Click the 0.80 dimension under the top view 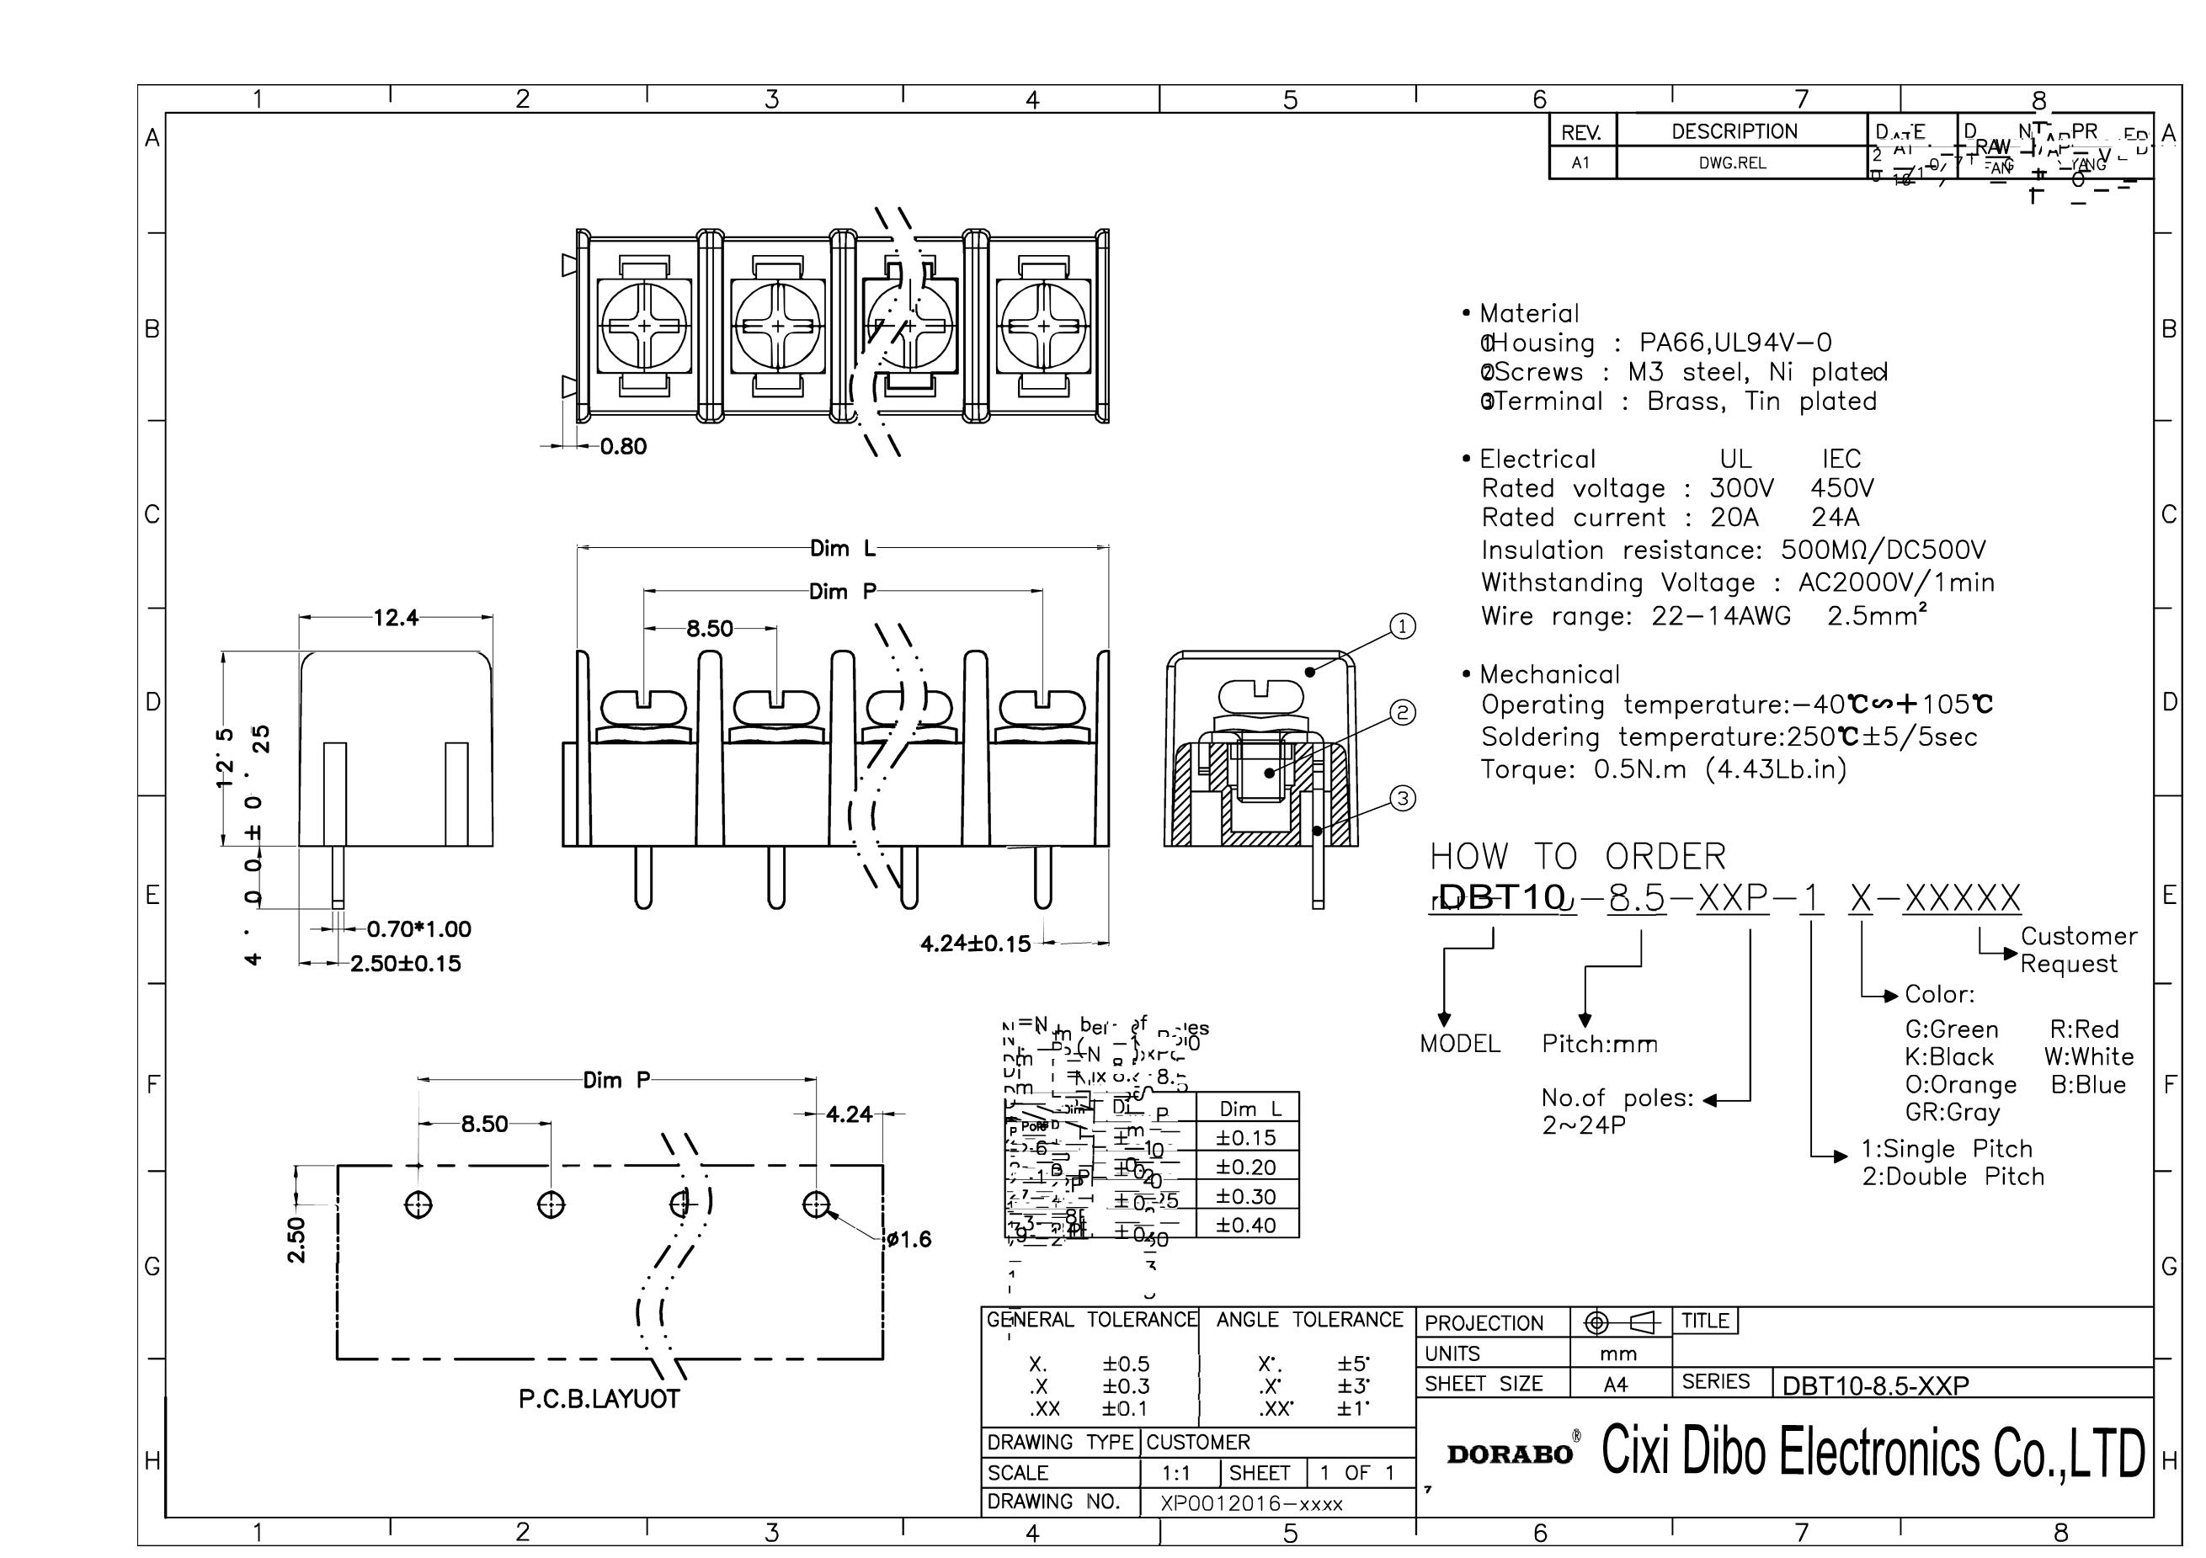pyautogui.click(x=624, y=447)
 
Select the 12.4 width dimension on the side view pyautogui.click(x=396, y=618)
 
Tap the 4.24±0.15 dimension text pyautogui.click(x=975, y=944)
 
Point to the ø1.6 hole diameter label pyautogui.click(x=909, y=1239)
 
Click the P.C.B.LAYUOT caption pyautogui.click(x=599, y=1399)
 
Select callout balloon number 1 pyautogui.click(x=1403, y=627)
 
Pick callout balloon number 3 pyautogui.click(x=1403, y=798)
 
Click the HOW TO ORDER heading pyautogui.click(x=1577, y=856)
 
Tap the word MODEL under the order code pyautogui.click(x=1459, y=1044)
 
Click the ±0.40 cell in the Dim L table pyautogui.click(x=1246, y=1225)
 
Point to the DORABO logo pyautogui.click(x=1510, y=1454)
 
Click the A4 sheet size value pyautogui.click(x=1616, y=1384)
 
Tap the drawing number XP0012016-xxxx pyautogui.click(x=1251, y=1503)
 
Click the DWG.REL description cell pyautogui.click(x=1732, y=163)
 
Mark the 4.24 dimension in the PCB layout pyautogui.click(x=850, y=1114)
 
